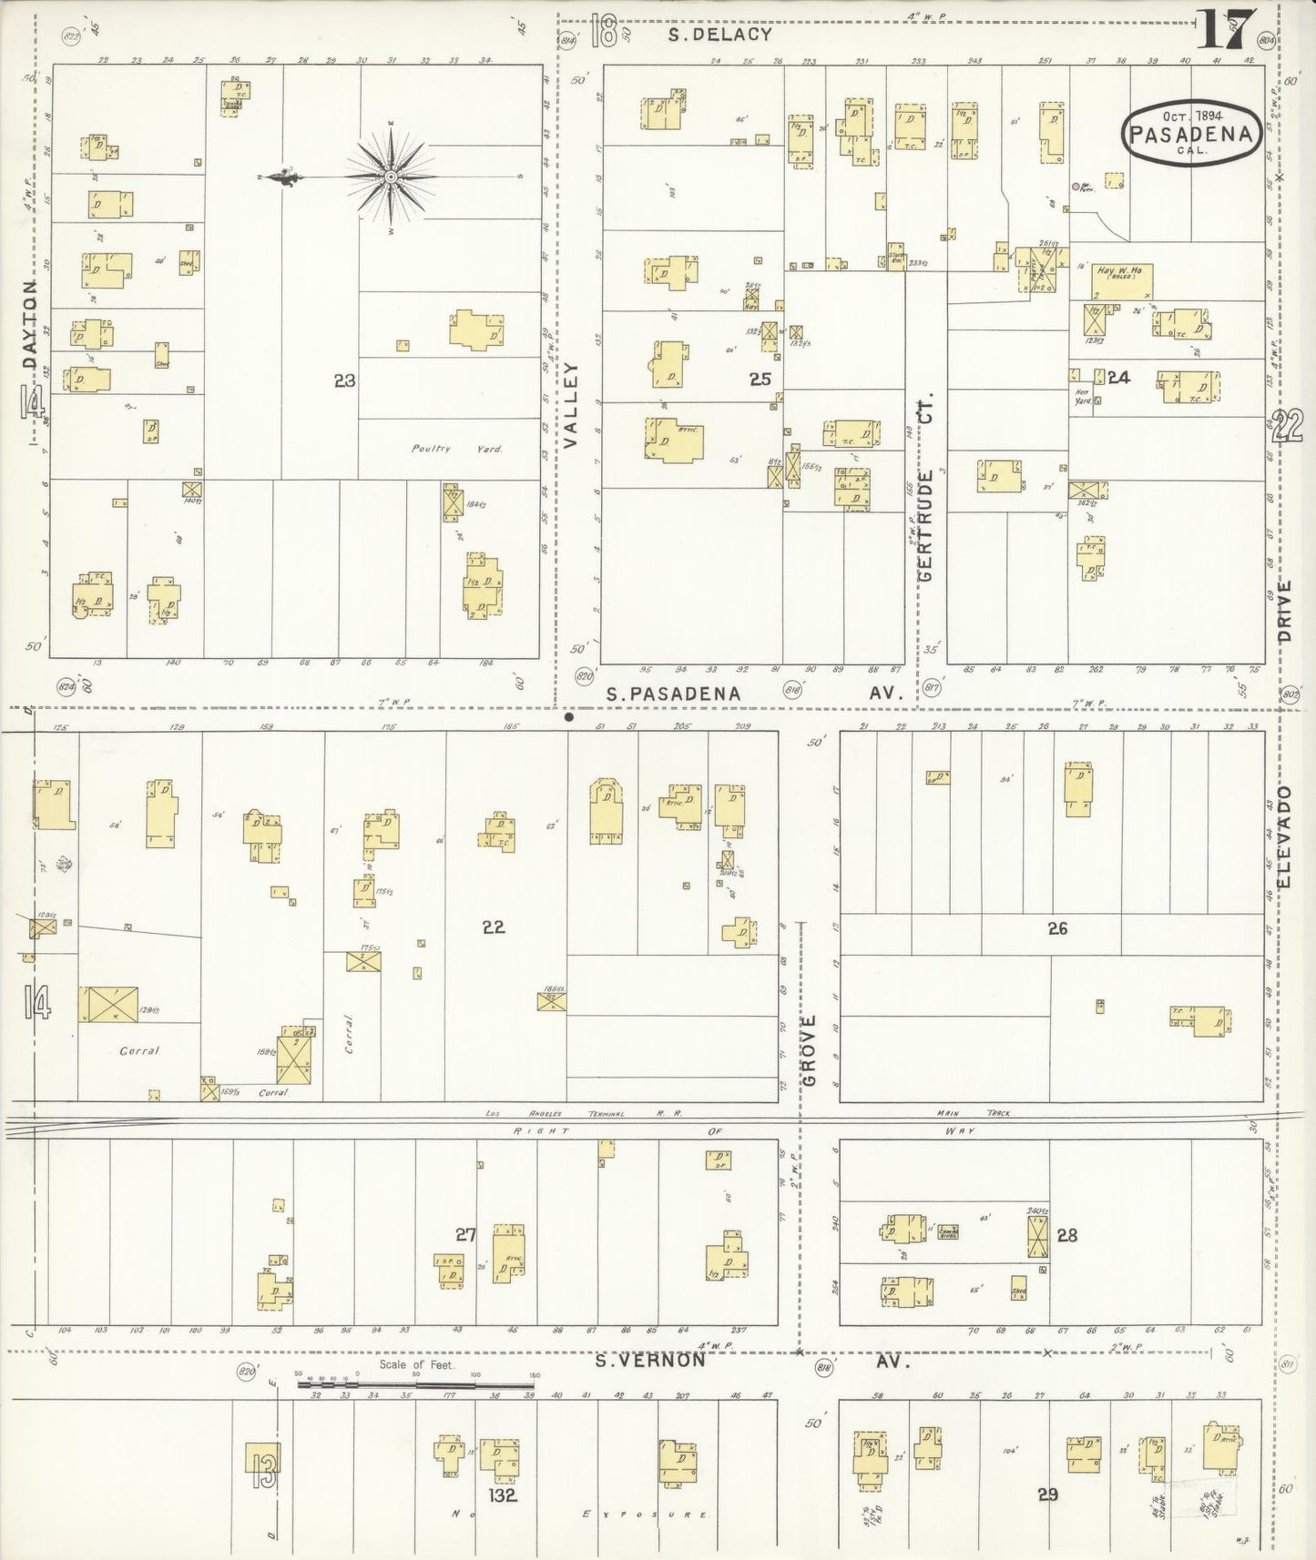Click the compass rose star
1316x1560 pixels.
(x=391, y=176)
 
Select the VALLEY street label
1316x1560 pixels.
(x=571, y=404)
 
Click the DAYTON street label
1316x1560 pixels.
(x=32, y=328)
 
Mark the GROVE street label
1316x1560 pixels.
(x=811, y=1050)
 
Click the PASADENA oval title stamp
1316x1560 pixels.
(x=1192, y=133)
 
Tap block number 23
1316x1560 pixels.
(x=344, y=381)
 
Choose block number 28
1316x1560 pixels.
(x=1066, y=1235)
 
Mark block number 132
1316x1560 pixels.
(x=502, y=1494)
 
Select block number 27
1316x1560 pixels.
(x=466, y=1234)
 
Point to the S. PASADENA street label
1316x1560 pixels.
(x=674, y=694)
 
